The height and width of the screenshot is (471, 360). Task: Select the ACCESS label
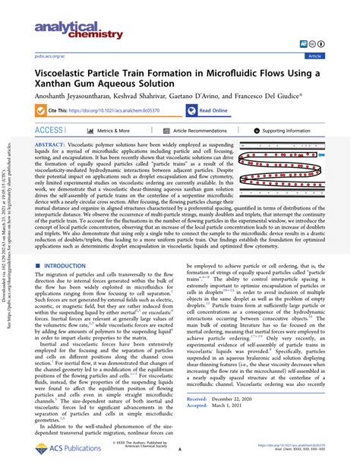[49, 131]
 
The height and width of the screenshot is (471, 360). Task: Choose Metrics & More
[102, 131]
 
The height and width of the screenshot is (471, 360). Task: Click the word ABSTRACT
[50, 144]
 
